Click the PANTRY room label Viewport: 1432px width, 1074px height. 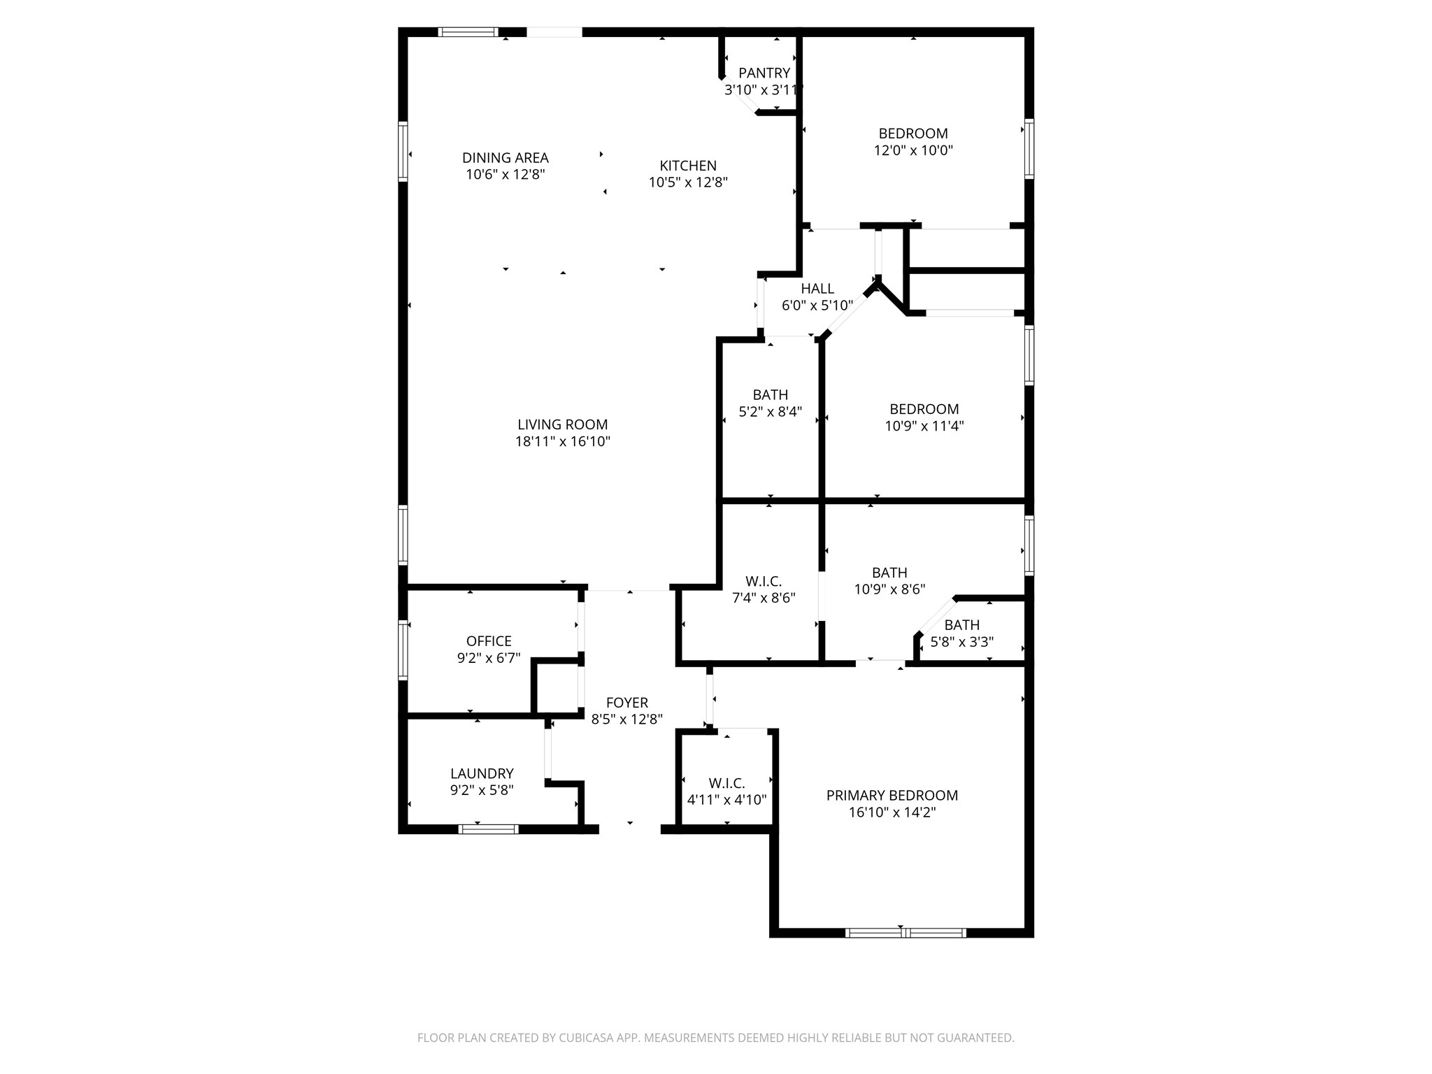click(764, 73)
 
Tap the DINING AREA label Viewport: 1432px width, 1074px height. click(505, 158)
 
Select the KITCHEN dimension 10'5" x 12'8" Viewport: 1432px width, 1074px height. click(688, 182)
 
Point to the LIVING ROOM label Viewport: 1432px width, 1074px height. click(562, 424)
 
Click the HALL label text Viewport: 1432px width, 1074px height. click(817, 289)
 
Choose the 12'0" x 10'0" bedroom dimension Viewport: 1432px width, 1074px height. click(913, 150)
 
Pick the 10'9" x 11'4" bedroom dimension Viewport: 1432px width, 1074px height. click(924, 426)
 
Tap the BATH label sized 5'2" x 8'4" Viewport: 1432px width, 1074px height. click(770, 395)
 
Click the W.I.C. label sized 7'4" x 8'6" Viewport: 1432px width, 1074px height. click(764, 581)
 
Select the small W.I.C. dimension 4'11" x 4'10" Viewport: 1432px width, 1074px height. click(726, 800)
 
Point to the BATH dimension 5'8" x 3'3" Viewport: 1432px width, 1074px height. click(961, 642)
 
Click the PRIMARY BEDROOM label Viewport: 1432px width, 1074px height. click(892, 795)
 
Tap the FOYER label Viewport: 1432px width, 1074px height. click(626, 703)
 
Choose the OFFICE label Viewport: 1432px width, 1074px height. click(489, 641)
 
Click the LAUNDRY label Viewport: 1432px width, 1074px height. click(482, 773)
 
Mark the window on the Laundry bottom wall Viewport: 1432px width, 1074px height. click(488, 829)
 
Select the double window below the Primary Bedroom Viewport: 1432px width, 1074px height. click(905, 933)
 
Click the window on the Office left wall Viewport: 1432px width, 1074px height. click(403, 650)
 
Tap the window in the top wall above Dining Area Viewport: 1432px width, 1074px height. click(468, 31)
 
